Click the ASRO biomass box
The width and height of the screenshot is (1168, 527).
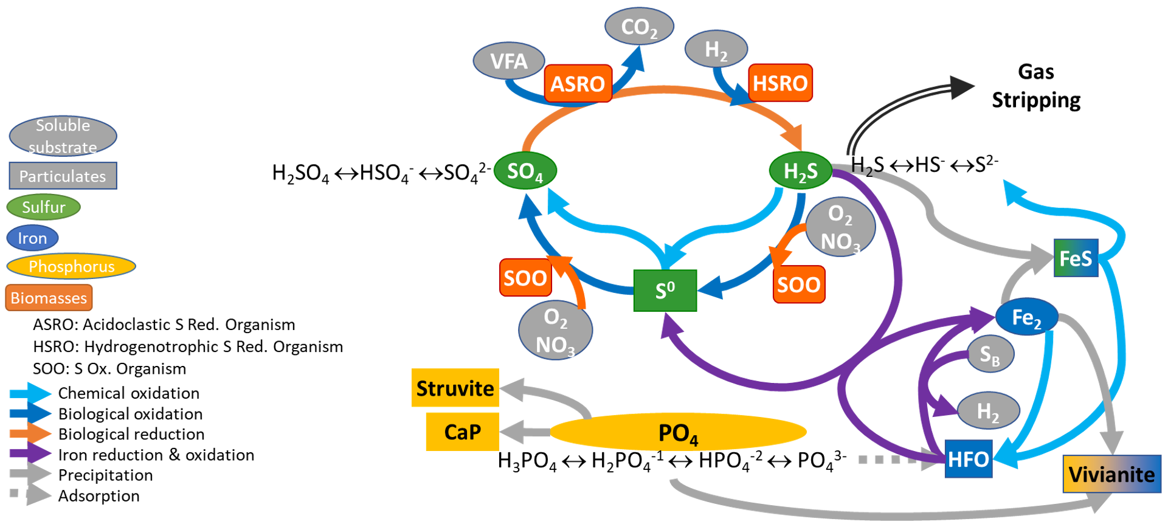[578, 83]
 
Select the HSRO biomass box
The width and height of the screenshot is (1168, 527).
[780, 83]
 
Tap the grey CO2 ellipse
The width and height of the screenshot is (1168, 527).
[639, 27]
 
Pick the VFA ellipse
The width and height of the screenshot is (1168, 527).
[509, 61]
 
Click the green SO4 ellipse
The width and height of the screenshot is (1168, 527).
[525, 171]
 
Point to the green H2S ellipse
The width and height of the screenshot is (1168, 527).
[800, 171]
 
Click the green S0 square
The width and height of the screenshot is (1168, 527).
[665, 291]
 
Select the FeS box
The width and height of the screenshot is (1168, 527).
[1076, 258]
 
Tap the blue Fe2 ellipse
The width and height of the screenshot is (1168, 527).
[1026, 317]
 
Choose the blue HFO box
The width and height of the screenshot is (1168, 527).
[969, 459]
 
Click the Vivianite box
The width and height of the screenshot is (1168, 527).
[1111, 474]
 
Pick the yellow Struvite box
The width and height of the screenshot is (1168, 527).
[455, 388]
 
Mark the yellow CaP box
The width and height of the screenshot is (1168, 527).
[462, 432]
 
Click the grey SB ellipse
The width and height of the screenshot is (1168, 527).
[990, 354]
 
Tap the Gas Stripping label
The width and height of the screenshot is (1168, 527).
[1036, 86]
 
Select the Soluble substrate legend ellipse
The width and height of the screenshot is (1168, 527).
[63, 136]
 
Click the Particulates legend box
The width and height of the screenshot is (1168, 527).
[63, 176]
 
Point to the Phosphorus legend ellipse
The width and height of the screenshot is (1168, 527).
[71, 266]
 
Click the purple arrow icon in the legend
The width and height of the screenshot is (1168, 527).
[30, 454]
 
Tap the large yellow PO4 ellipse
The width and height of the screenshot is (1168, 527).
[678, 432]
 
